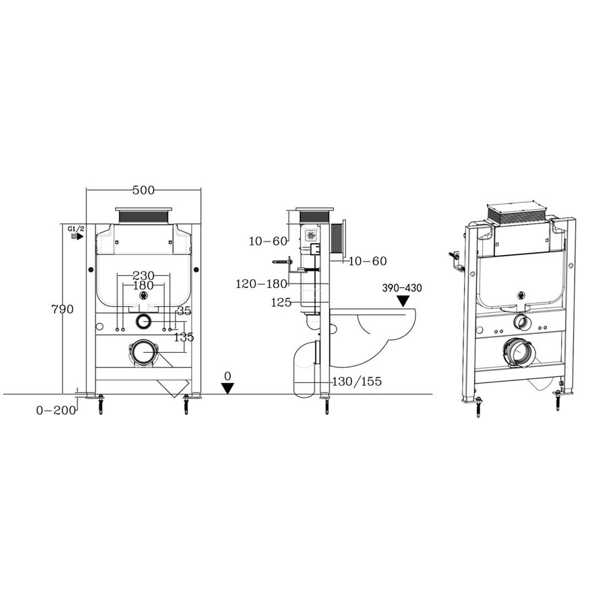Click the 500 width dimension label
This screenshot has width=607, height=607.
pos(143,190)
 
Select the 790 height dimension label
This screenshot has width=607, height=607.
pos(62,309)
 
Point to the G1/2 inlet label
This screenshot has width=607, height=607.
pos(75,230)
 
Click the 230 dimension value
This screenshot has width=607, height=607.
pos(143,275)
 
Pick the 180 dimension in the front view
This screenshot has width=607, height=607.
pos(143,286)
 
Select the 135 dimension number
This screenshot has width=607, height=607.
pos(183,337)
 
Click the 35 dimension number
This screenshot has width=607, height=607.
pos(183,311)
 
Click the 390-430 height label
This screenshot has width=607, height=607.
pos(403,287)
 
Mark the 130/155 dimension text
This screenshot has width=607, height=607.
pos(358,382)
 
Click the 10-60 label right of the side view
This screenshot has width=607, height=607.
pos(368,260)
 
